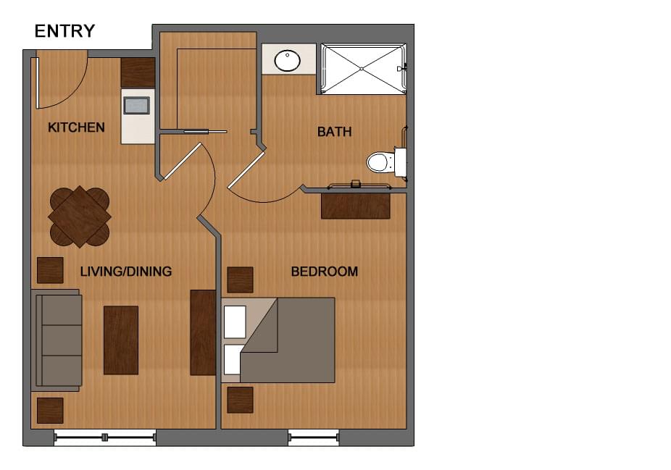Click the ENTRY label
coord(64,31)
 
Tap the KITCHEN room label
coord(76,127)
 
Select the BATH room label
coord(334,132)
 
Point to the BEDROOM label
coord(324,272)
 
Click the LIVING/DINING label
coord(125,272)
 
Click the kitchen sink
coord(136,106)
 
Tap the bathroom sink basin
coord(288,61)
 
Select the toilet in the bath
coord(382,161)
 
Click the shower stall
coord(362,69)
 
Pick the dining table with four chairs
coord(79,216)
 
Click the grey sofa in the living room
coord(57,340)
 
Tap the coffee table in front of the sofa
coord(120,340)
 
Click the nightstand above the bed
coord(240,280)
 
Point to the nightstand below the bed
coord(240,400)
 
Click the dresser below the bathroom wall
coord(355,205)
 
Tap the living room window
coord(105,437)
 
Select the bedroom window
coord(313,437)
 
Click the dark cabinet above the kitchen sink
coord(138,72)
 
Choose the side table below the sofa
coord(50,410)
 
